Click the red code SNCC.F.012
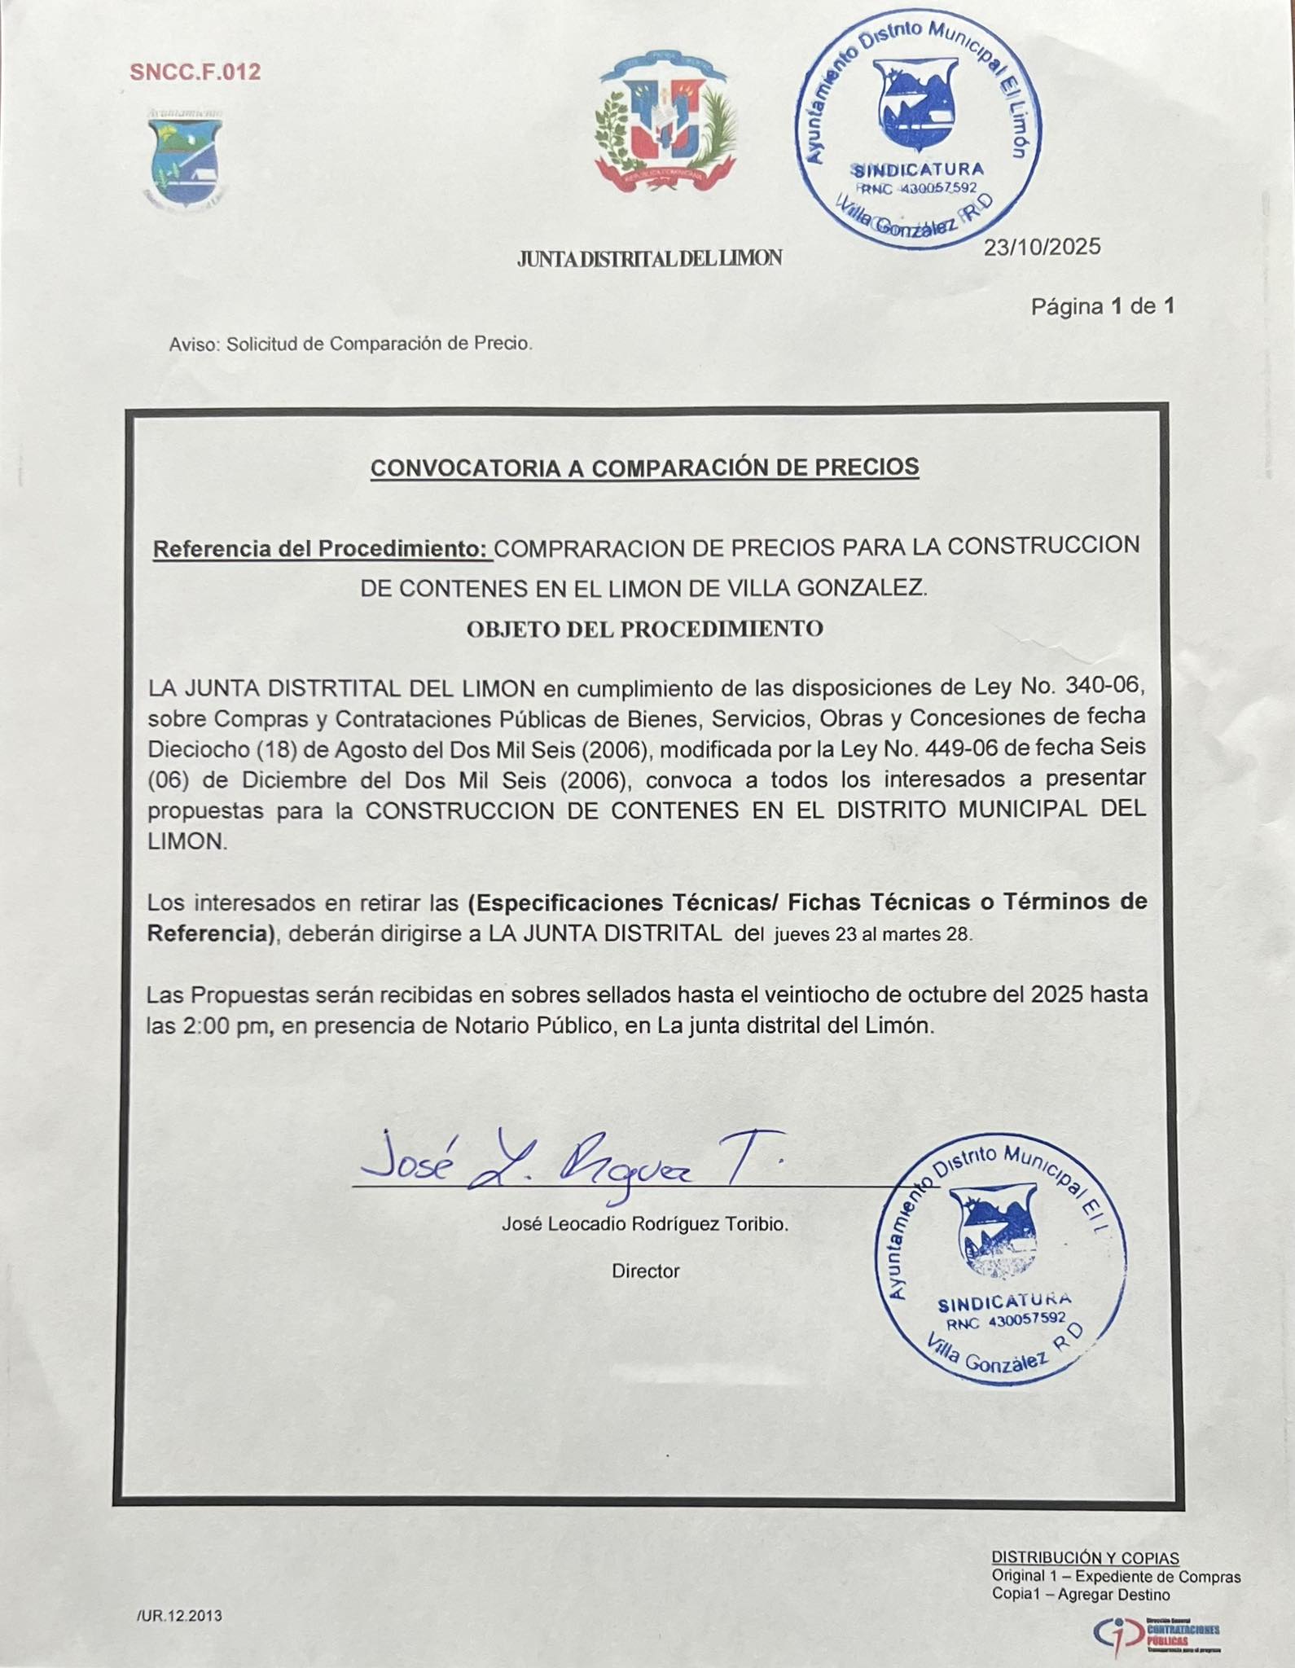(x=195, y=72)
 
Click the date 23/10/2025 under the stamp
(x=1042, y=248)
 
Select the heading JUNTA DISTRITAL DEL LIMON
(x=649, y=259)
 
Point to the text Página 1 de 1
(x=1102, y=307)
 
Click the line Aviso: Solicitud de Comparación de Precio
(x=350, y=344)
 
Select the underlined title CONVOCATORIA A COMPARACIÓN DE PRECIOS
(x=644, y=467)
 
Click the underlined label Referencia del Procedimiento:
(x=323, y=549)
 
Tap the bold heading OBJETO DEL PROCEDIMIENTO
(x=644, y=629)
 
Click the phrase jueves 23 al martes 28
(x=873, y=934)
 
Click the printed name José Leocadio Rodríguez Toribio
(x=644, y=1224)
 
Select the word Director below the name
(x=645, y=1271)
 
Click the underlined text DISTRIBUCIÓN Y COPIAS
(x=1085, y=1558)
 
